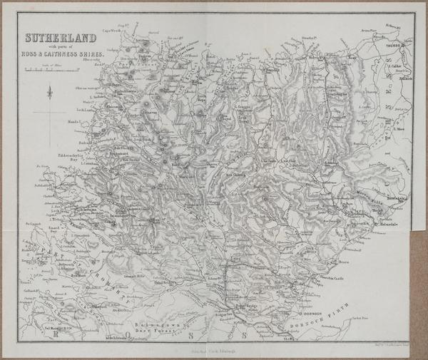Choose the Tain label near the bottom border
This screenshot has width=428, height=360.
tap(290, 341)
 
